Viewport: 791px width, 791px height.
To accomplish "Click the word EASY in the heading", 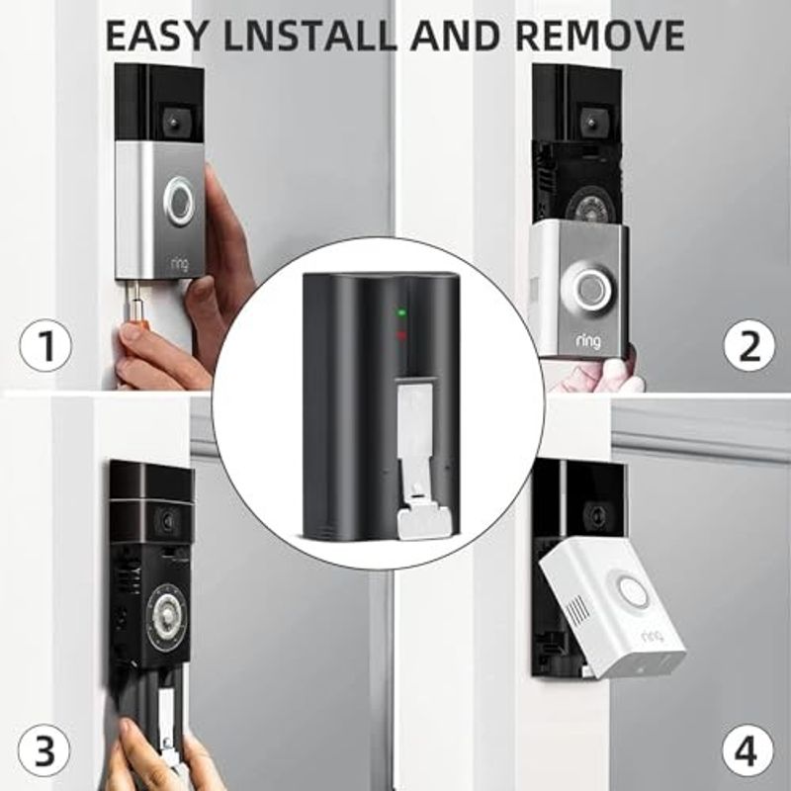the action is point(156,36).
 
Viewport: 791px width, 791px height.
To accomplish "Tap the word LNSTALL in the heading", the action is point(309,36).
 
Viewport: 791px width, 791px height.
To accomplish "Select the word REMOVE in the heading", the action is point(600,36).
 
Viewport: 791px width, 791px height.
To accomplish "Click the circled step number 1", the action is point(45,347).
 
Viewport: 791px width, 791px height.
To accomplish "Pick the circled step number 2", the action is point(749,345).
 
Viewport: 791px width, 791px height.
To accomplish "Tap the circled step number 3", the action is point(44,750).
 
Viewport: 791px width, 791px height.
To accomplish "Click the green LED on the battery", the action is point(402,312).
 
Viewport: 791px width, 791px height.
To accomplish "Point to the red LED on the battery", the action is point(402,334).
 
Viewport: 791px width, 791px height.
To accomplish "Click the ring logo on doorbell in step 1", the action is point(179,264).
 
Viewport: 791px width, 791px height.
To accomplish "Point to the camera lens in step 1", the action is point(174,122).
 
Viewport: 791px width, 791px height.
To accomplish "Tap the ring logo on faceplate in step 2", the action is point(588,342).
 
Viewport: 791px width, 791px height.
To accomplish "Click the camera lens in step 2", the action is point(588,121).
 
